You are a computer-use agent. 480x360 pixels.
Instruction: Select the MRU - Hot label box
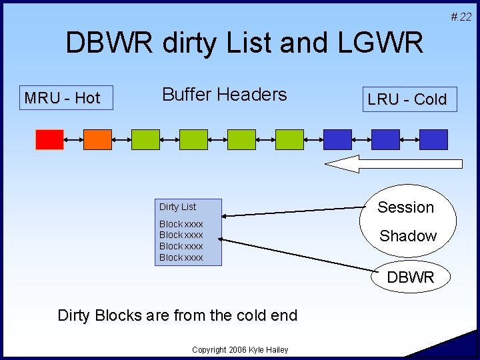pyautogui.click(x=62, y=98)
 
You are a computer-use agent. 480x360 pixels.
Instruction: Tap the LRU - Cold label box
pyautogui.click(x=407, y=99)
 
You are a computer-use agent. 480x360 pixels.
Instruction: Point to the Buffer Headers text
pyautogui.click(x=224, y=95)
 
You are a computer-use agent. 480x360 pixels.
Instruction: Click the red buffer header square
pyautogui.click(x=49, y=139)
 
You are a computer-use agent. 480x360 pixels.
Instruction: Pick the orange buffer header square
pyautogui.click(x=97, y=139)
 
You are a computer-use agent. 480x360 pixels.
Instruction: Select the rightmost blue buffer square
pyautogui.click(x=433, y=139)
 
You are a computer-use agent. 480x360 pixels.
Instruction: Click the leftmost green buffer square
pyautogui.click(x=145, y=139)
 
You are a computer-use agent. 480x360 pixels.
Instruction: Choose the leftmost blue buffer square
pyautogui.click(x=337, y=139)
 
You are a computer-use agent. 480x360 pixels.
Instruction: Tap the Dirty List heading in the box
pyautogui.click(x=177, y=207)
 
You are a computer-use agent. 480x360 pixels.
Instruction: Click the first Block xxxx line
pyautogui.click(x=181, y=224)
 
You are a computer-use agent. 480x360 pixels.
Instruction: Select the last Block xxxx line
pyautogui.click(x=181, y=257)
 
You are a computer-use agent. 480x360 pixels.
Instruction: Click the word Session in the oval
pyautogui.click(x=405, y=207)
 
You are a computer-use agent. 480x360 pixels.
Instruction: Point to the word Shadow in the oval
pyautogui.click(x=407, y=236)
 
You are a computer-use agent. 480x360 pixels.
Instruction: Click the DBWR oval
pyautogui.click(x=410, y=277)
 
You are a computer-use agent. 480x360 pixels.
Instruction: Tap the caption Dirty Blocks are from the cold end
pyautogui.click(x=177, y=315)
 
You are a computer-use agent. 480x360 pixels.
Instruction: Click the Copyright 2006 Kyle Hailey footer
pyautogui.click(x=239, y=350)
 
